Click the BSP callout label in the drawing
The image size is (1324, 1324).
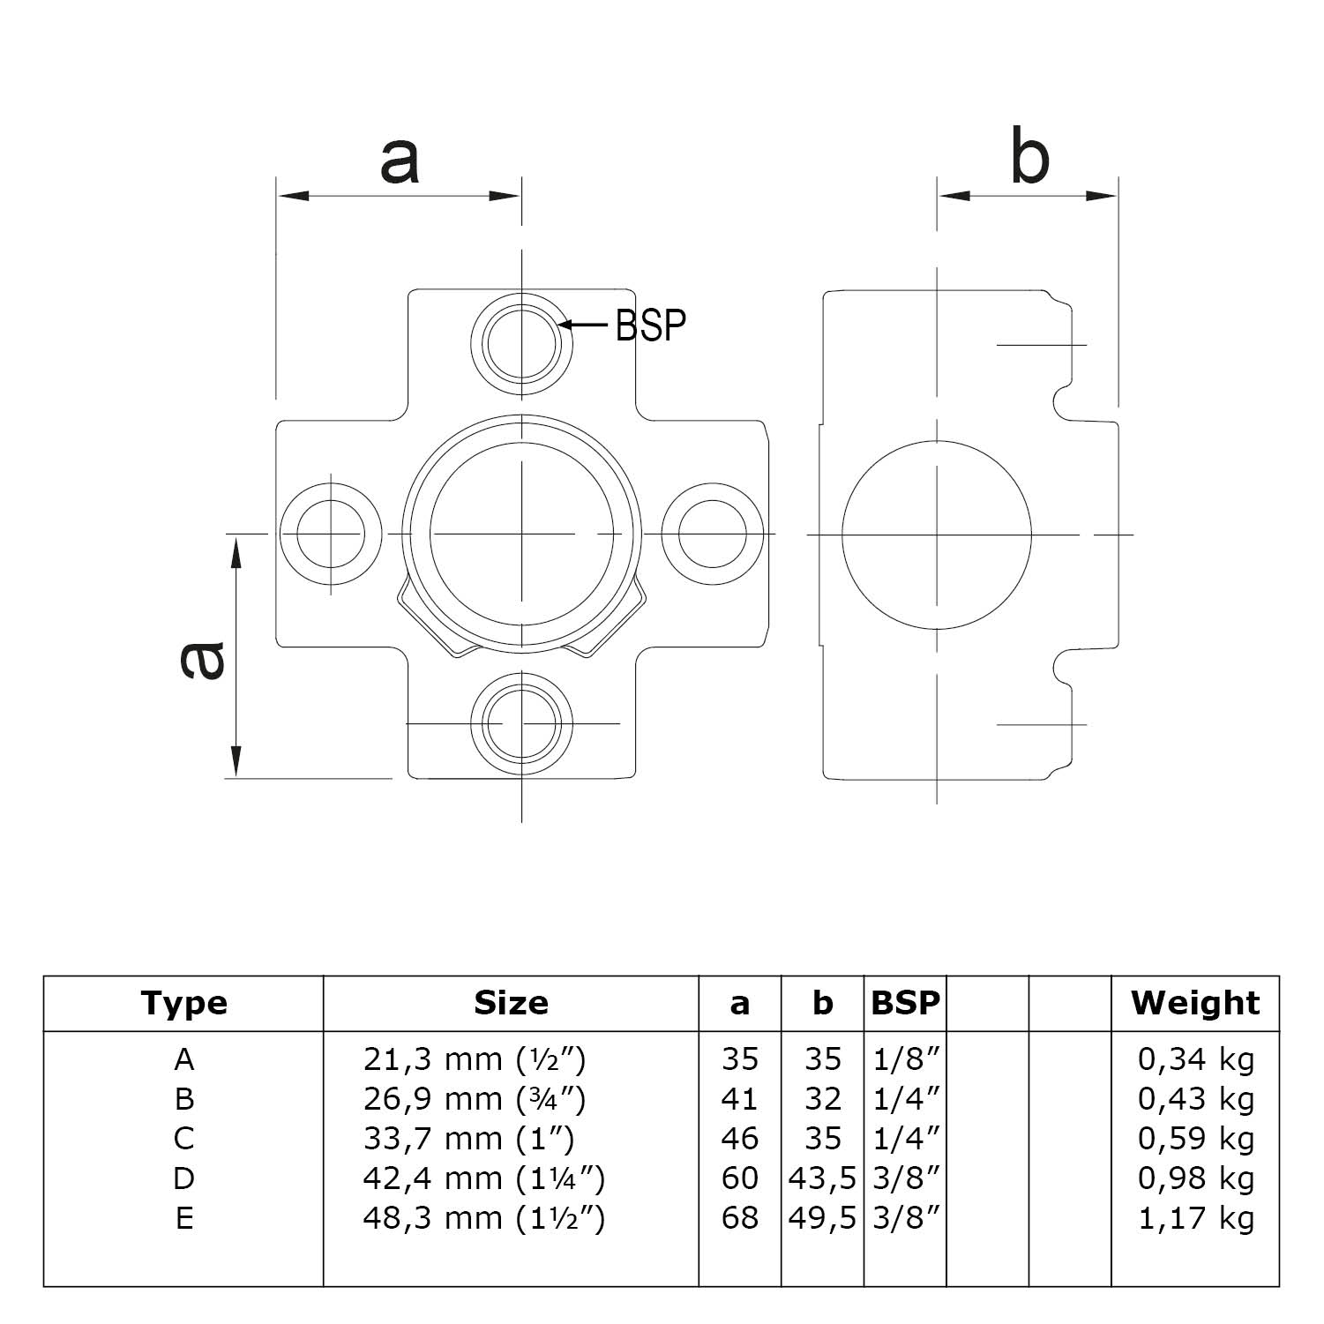pyautogui.click(x=650, y=325)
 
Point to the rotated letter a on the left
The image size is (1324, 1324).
pyautogui.click(x=202, y=662)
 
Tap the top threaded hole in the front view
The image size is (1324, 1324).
pyautogui.click(x=521, y=343)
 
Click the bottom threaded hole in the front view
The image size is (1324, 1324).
pyautogui.click(x=521, y=723)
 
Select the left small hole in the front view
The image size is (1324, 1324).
pyautogui.click(x=331, y=534)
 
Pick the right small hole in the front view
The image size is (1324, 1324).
pyautogui.click(x=712, y=534)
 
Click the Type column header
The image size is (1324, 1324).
pyautogui.click(x=183, y=1003)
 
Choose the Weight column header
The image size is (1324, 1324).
pyautogui.click(x=1195, y=1003)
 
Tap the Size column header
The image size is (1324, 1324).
pyautogui.click(x=511, y=1003)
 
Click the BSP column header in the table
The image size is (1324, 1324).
pyautogui.click(x=905, y=1003)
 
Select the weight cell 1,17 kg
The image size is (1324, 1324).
pyautogui.click(x=1195, y=1218)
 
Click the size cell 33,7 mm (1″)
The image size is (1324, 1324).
pyautogui.click(x=468, y=1139)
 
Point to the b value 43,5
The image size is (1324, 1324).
pyautogui.click(x=822, y=1178)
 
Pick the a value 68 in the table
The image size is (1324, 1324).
pyautogui.click(x=739, y=1218)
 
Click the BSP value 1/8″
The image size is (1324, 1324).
pyautogui.click(x=905, y=1059)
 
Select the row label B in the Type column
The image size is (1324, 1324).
pyautogui.click(x=183, y=1099)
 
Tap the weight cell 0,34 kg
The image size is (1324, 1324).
pyautogui.click(x=1195, y=1059)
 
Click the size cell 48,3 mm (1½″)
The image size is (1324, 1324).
pyautogui.click(x=483, y=1218)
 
